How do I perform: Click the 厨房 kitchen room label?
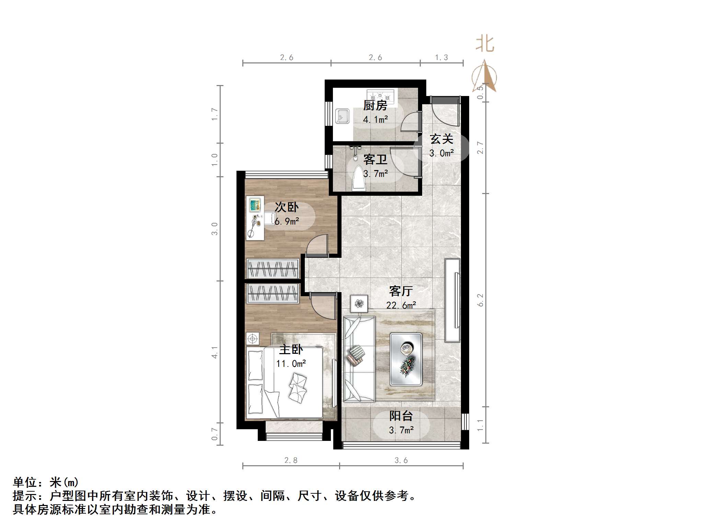click(375, 106)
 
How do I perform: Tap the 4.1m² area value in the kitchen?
click(375, 120)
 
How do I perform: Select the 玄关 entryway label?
click(441, 139)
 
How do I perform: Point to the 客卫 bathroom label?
click(375, 160)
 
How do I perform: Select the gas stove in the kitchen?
click(380, 94)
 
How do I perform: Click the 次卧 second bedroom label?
click(287, 207)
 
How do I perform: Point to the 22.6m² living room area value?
click(401, 305)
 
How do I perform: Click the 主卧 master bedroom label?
click(291, 350)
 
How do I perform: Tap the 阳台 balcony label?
click(401, 416)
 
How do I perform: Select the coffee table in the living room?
click(406, 359)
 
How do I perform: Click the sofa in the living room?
click(359, 359)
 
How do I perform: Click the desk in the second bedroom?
click(255, 218)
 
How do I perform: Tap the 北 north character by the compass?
click(485, 44)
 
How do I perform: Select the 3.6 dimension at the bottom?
click(401, 460)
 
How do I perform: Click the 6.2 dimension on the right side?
click(481, 300)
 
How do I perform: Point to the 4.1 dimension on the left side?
click(215, 352)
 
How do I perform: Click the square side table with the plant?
click(359, 304)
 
